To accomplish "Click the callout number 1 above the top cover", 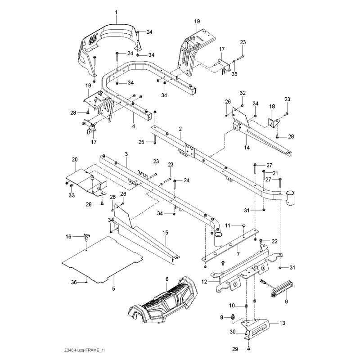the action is pyautogui.click(x=116, y=12).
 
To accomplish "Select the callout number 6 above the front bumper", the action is pyautogui.click(x=167, y=279).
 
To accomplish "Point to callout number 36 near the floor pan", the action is pyautogui.click(x=74, y=282).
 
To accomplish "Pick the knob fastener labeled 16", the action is pyautogui.click(x=87, y=237).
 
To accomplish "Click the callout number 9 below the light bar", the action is pyautogui.click(x=286, y=301).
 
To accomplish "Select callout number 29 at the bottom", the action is pyautogui.click(x=235, y=349).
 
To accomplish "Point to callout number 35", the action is pyautogui.click(x=234, y=74).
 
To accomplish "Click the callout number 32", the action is pyautogui.click(x=243, y=93).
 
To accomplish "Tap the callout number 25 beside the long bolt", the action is pyautogui.click(x=141, y=142).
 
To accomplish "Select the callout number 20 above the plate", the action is pyautogui.click(x=75, y=160).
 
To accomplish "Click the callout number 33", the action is pyautogui.click(x=72, y=195).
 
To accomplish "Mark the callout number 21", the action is pyautogui.click(x=275, y=173).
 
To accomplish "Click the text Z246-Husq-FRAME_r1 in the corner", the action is pyautogui.click(x=85, y=351).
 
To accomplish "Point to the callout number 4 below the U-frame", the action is pyautogui.click(x=134, y=126).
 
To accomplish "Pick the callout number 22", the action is pyautogui.click(x=274, y=241).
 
